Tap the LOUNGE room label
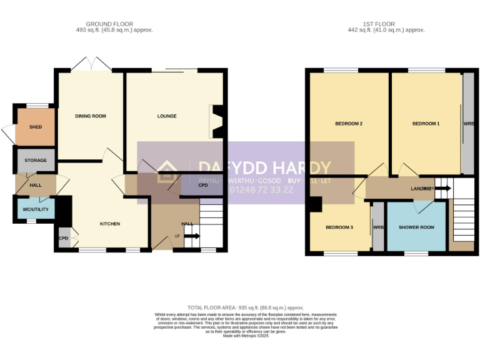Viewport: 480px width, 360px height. tap(167, 116)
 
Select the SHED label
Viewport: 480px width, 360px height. tap(36, 127)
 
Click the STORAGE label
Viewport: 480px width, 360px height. tap(36, 161)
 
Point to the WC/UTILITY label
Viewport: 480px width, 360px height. tap(36, 209)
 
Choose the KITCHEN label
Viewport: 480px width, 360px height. tap(110, 224)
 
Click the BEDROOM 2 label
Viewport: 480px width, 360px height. tap(349, 124)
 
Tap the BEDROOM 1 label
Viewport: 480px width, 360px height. tap(426, 124)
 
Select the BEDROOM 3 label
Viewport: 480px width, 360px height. tap(339, 227)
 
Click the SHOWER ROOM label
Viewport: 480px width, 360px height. tap(416, 227)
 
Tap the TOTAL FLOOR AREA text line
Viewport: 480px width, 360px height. tap(246, 307)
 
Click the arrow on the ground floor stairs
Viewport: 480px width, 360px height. tap(192, 236)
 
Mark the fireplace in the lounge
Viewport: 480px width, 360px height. tap(216, 121)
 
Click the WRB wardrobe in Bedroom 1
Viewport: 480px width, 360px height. tap(467, 124)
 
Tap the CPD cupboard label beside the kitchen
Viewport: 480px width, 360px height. tap(63, 238)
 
